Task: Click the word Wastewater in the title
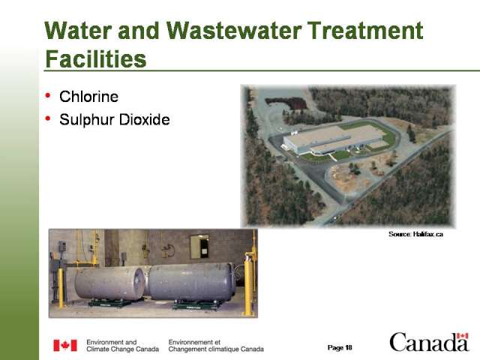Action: (234, 31)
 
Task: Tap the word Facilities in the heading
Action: (96, 59)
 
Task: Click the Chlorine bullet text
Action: (88, 97)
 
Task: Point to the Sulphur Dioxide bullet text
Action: (115, 120)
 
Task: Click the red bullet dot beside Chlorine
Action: (48, 95)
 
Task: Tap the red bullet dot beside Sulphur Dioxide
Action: (48, 118)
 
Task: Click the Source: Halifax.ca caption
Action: (415, 234)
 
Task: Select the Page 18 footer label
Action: (340, 347)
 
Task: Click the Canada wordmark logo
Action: (429, 342)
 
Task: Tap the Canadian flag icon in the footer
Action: (65, 345)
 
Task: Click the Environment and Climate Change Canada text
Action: (122, 346)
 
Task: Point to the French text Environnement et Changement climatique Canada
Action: (216, 346)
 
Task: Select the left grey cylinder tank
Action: (109, 283)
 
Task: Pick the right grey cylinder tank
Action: (191, 282)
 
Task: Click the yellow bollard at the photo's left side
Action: (61, 288)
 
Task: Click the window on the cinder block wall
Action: (199, 247)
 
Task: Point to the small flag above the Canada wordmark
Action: (462, 336)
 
